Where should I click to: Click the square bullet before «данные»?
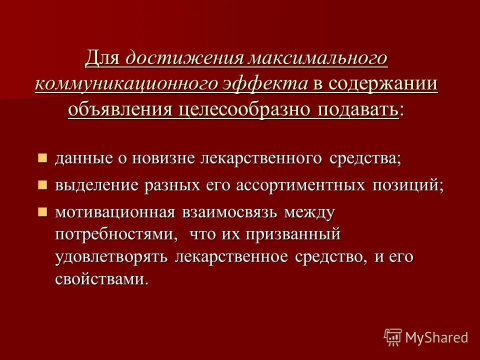[x=43, y=158]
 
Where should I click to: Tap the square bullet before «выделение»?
[x=43, y=185]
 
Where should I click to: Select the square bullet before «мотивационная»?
[x=43, y=211]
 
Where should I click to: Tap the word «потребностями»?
[x=116, y=234]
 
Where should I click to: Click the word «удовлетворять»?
[x=112, y=257]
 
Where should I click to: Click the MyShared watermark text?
[x=436, y=337]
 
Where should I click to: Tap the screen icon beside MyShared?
[x=393, y=337]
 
